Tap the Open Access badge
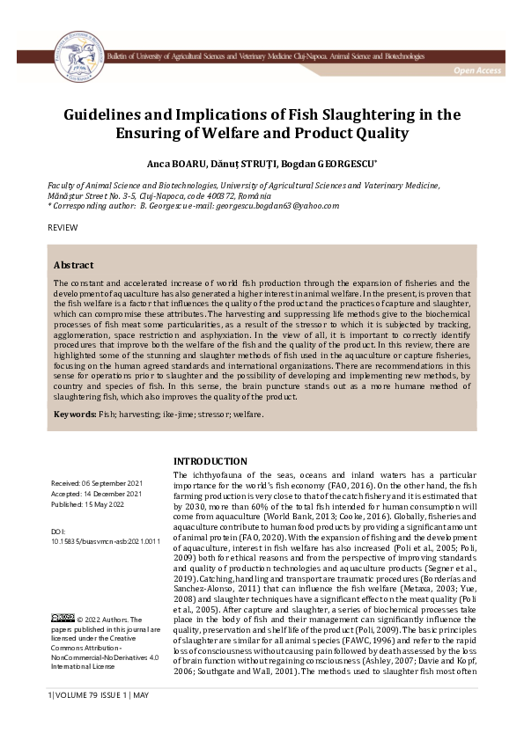[478, 70]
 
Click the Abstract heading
[74, 265]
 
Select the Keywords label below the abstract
[75, 413]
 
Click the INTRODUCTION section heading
[210, 461]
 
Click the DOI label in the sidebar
[59, 532]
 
